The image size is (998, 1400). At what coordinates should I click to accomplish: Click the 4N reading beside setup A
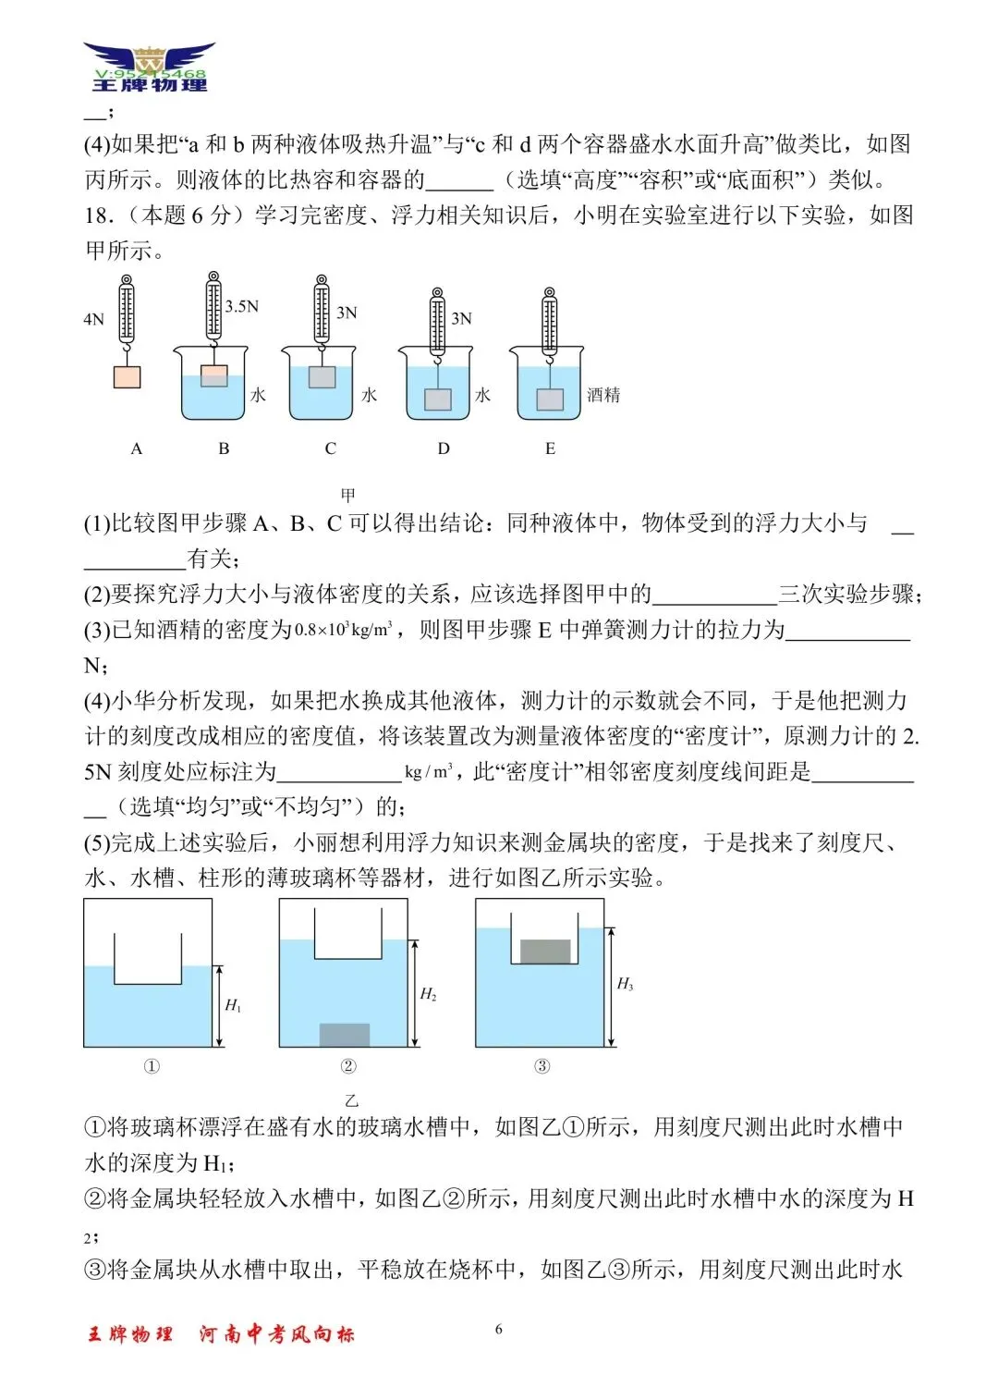coord(93,320)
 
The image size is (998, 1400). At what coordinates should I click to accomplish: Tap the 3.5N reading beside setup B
coord(242,306)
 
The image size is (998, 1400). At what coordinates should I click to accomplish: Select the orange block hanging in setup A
coord(127,377)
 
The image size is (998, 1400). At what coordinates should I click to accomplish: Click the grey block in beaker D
coord(437,399)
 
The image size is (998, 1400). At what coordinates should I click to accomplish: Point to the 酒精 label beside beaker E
coord(603,395)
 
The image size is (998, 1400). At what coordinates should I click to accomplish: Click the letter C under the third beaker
coord(330,448)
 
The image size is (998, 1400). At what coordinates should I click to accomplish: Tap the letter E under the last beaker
coord(550,448)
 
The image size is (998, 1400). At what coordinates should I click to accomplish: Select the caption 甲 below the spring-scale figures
coord(348,495)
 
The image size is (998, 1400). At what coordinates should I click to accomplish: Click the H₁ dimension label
coord(233,1005)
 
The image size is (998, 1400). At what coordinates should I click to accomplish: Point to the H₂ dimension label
coord(428,994)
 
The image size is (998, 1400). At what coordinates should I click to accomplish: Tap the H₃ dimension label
coord(625,984)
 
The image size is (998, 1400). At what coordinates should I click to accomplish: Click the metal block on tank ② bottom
coord(345,1035)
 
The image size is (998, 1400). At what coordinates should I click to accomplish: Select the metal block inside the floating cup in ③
coord(545,952)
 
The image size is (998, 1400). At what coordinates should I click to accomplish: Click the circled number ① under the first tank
coord(152,1066)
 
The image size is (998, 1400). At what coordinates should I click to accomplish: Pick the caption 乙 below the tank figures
coord(351,1101)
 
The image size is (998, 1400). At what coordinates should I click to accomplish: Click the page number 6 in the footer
coord(499,1330)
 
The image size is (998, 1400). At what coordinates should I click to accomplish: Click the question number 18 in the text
coord(98,215)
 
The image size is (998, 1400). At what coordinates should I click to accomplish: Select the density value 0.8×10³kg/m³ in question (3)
coord(344,631)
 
